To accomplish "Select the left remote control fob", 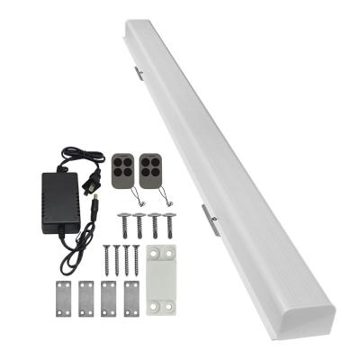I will (124, 169).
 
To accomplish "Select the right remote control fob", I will (150, 168).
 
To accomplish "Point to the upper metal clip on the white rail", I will (139, 71).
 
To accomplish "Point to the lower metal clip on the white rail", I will (210, 220).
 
